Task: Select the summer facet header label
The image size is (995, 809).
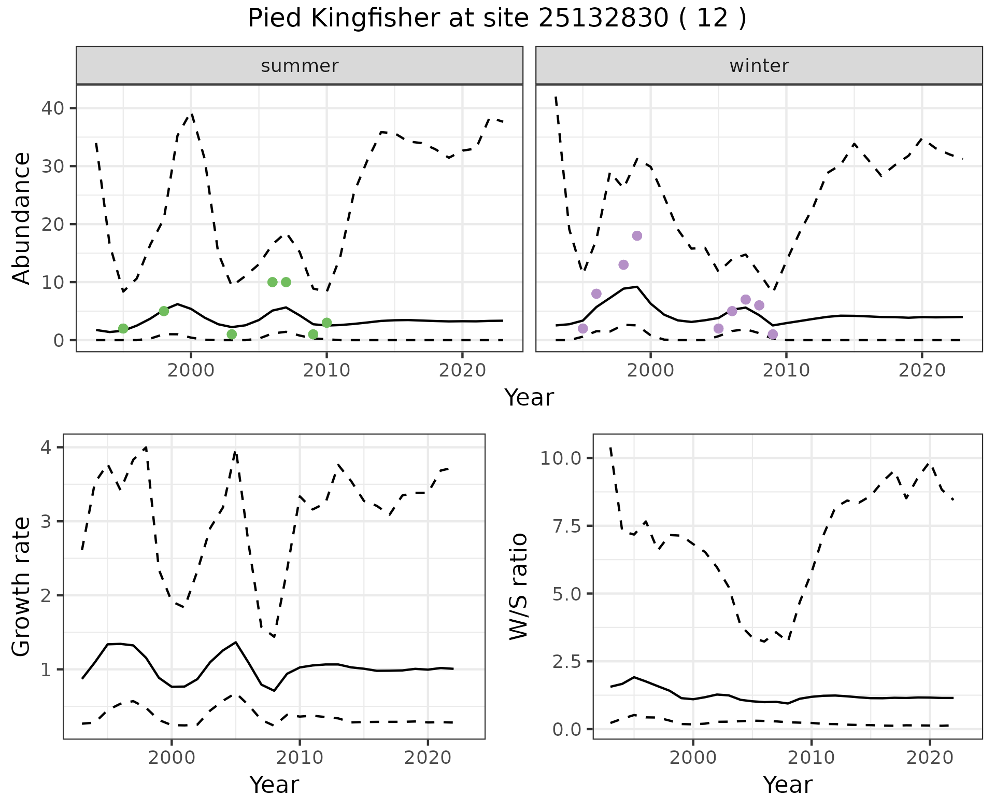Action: (x=300, y=66)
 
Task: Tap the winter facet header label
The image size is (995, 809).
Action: (x=759, y=66)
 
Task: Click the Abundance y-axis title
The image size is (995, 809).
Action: (x=22, y=218)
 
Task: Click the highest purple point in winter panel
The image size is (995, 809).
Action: (x=637, y=236)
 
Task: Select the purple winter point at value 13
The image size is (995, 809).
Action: (x=623, y=265)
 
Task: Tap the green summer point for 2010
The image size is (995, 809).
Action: (x=326, y=323)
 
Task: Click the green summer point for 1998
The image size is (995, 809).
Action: (x=164, y=311)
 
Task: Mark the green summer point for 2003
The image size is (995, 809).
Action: (x=232, y=334)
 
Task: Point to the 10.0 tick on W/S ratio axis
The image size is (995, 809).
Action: (x=560, y=458)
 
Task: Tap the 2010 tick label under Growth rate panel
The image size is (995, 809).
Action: (x=300, y=758)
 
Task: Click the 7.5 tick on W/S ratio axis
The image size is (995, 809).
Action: (x=566, y=526)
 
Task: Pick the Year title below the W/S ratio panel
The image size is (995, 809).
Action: (x=787, y=785)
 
